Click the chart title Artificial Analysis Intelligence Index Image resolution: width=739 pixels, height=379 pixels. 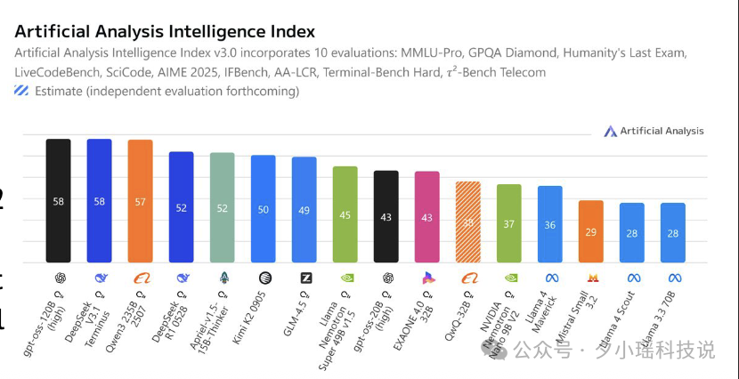(165, 32)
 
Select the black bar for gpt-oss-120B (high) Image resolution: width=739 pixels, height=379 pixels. (59, 200)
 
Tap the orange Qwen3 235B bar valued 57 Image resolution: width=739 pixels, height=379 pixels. (140, 201)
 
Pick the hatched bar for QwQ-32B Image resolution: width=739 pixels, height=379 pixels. (468, 222)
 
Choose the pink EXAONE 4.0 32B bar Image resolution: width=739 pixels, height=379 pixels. (426, 217)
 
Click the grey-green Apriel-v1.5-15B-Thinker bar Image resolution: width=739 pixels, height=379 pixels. (222, 207)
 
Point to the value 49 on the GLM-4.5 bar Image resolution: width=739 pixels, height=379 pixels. (304, 210)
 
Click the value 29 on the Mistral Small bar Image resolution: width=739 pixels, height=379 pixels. (591, 232)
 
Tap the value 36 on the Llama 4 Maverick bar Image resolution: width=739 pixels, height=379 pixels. (550, 225)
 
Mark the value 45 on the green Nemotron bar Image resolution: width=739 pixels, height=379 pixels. (345, 214)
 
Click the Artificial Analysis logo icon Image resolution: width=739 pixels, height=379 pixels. (610, 132)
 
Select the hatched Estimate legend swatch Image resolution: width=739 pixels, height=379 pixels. (21, 91)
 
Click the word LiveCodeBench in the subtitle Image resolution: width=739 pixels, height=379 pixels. (59, 72)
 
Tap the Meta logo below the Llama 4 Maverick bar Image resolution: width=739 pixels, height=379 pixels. (550, 278)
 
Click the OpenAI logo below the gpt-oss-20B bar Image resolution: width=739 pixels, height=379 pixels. (386, 278)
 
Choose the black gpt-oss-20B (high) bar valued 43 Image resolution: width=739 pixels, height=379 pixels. (386, 217)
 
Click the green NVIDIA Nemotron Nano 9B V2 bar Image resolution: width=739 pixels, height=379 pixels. (509, 223)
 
